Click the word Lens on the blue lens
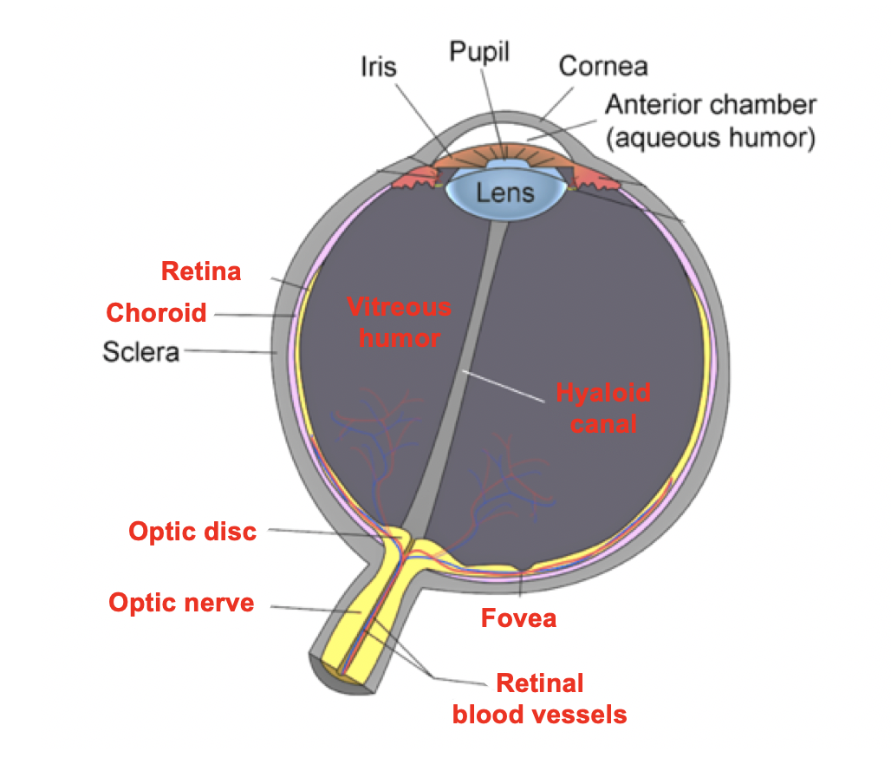click(x=504, y=192)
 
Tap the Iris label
click(x=379, y=67)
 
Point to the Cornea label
click(x=602, y=65)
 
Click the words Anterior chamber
click(x=710, y=105)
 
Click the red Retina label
click(x=201, y=271)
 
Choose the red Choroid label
click(x=156, y=312)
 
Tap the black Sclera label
click(x=140, y=352)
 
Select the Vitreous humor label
click(x=399, y=321)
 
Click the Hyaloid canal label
click(x=603, y=408)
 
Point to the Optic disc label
click(x=192, y=531)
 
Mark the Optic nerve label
click(x=181, y=602)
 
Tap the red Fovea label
click(x=518, y=618)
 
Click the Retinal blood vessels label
click(x=539, y=699)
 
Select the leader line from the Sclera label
click(x=230, y=351)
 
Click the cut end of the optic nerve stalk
click(x=333, y=671)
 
